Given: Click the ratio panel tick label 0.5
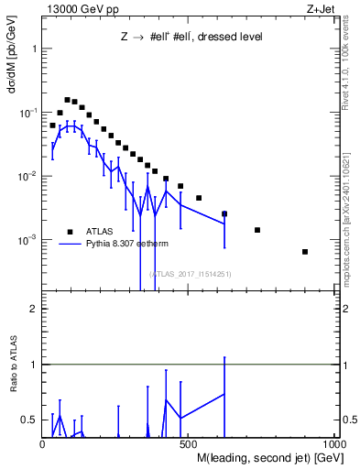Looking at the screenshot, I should [x=29, y=420].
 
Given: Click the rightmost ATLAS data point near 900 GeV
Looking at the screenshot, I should [x=305, y=252].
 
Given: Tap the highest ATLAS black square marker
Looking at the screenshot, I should [x=67, y=100].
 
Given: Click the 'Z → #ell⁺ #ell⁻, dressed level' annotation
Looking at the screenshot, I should [x=192, y=38].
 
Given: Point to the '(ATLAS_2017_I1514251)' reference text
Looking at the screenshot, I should [x=191, y=273].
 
